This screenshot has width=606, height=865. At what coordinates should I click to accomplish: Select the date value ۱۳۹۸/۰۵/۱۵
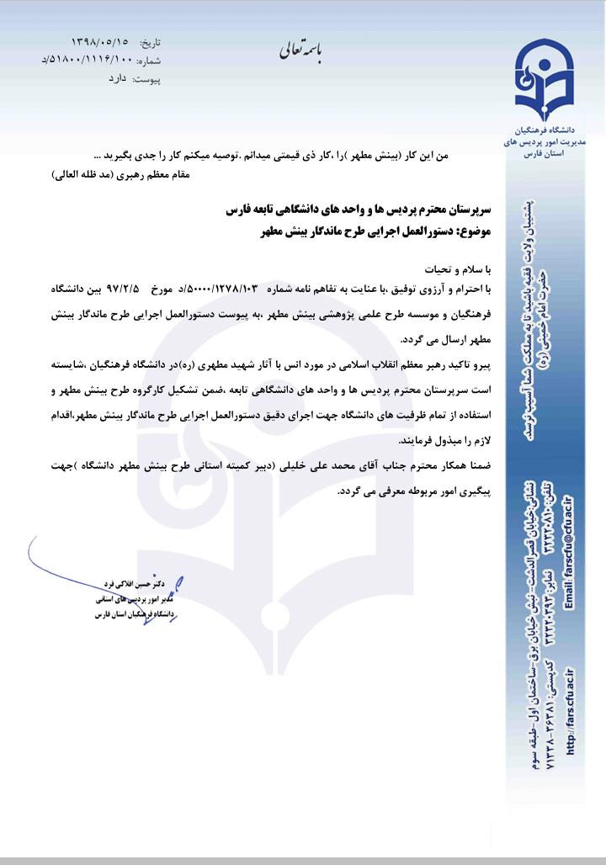coord(100,42)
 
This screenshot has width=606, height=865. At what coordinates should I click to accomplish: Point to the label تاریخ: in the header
coord(148,42)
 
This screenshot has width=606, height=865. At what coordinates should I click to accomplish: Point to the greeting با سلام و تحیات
coord(464,269)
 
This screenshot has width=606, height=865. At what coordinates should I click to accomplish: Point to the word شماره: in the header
coord(147,61)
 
